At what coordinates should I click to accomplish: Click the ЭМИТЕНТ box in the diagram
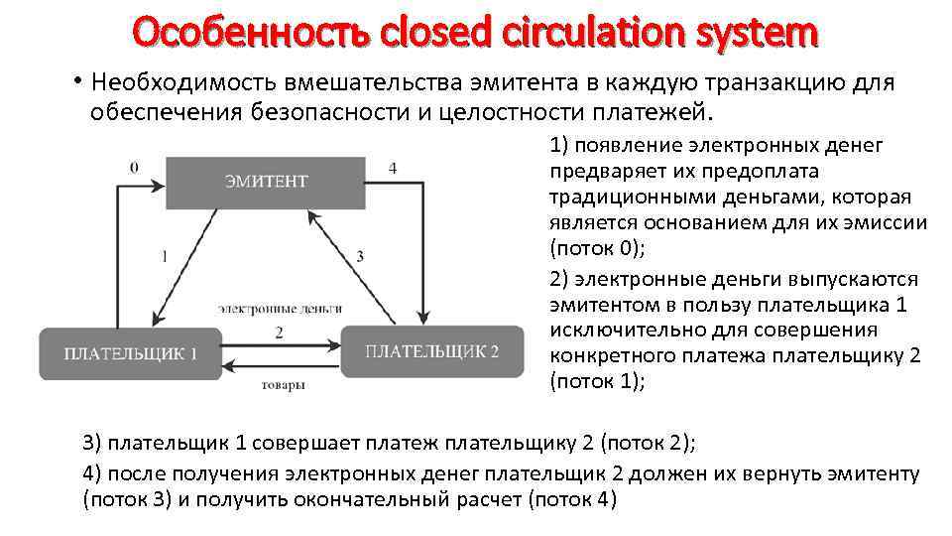click(266, 182)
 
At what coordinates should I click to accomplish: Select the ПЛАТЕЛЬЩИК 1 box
click(131, 353)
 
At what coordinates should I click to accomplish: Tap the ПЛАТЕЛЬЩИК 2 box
click(432, 351)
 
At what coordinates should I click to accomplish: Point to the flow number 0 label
click(134, 167)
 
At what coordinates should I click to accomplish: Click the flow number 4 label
click(393, 168)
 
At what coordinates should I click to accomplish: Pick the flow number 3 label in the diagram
click(360, 256)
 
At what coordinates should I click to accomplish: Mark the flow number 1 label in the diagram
click(164, 256)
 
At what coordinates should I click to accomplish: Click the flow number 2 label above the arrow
click(280, 333)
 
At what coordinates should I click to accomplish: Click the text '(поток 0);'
click(597, 247)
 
